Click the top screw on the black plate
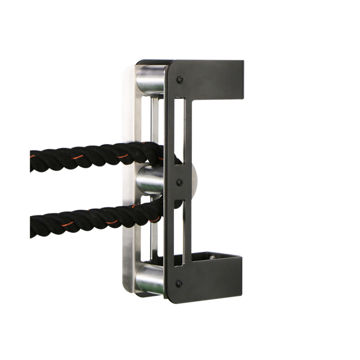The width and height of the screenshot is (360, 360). pyautogui.click(x=179, y=80)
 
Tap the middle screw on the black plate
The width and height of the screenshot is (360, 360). pyautogui.click(x=179, y=182)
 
